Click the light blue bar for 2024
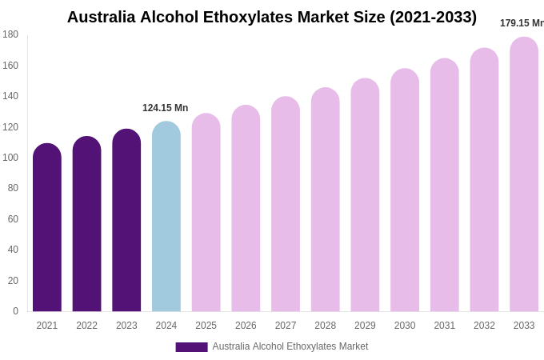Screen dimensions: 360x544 [x=166, y=217]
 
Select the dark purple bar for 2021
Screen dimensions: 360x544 [x=47, y=228]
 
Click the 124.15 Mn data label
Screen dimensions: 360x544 [x=165, y=108]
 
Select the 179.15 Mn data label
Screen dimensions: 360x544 [x=522, y=23]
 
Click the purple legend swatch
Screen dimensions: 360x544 [x=191, y=347]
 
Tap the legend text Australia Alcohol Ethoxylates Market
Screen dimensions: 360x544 [x=290, y=346]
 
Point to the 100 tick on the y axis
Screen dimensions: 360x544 [x=10, y=158]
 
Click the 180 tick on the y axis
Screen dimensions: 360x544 [x=10, y=34]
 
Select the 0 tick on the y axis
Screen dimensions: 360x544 [x=15, y=311]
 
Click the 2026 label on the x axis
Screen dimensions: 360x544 [x=246, y=326]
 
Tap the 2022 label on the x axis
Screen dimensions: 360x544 [x=86, y=326]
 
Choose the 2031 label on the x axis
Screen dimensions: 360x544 [x=444, y=326]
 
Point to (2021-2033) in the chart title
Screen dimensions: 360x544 [x=433, y=17]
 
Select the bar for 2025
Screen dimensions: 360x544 [x=206, y=213]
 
